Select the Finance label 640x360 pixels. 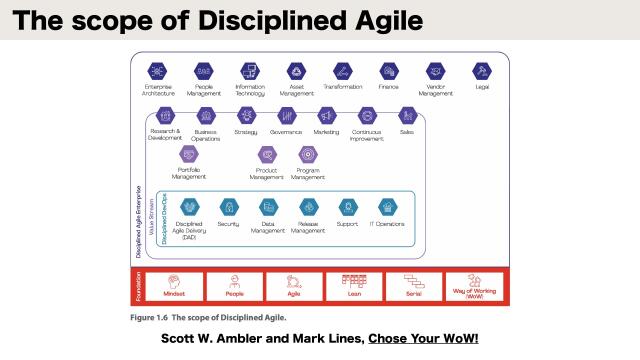click(x=388, y=87)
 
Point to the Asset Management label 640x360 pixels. click(x=297, y=90)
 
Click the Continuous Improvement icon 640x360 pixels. click(x=366, y=115)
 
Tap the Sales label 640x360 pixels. click(x=406, y=130)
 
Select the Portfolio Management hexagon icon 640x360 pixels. click(x=188, y=154)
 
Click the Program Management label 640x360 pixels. click(x=308, y=174)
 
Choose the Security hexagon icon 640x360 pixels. click(x=228, y=207)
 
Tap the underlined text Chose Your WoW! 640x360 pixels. click(x=423, y=339)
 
